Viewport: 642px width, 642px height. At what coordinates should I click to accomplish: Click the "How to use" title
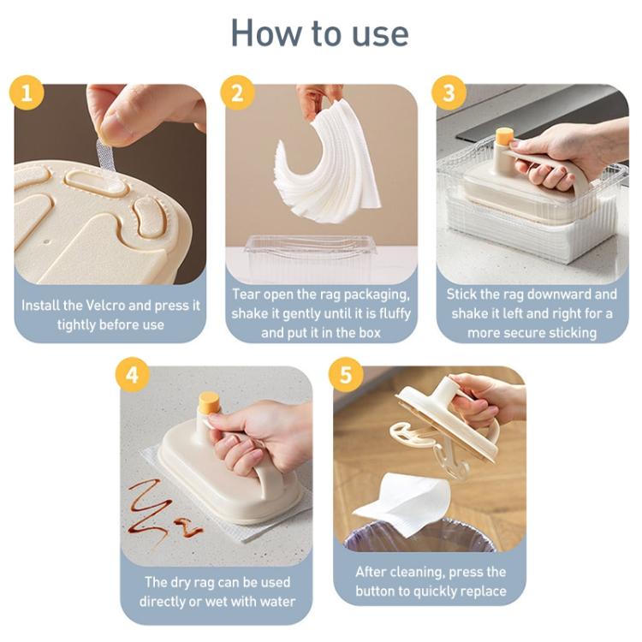(320, 33)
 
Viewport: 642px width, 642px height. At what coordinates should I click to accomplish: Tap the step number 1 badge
(27, 92)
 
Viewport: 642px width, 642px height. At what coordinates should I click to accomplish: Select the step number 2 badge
(237, 92)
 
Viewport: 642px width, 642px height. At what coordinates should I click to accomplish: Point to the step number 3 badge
(449, 92)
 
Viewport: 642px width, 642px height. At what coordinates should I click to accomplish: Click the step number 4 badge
(132, 375)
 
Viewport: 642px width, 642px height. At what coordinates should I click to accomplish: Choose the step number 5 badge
(346, 375)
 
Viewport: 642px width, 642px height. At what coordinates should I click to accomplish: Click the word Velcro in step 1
(106, 306)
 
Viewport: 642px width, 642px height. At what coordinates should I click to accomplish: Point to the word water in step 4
(277, 602)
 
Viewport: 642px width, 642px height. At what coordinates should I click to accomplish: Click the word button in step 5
(377, 591)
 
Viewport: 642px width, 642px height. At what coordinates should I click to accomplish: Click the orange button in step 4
(209, 401)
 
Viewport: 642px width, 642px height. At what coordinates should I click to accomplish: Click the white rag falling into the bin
(401, 502)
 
